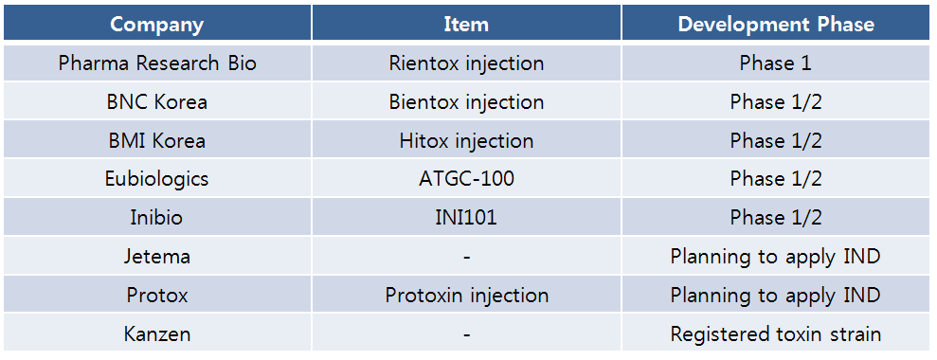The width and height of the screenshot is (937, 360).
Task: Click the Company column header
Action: click(157, 24)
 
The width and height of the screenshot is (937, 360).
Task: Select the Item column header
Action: click(466, 24)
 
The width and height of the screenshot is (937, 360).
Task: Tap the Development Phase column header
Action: click(776, 24)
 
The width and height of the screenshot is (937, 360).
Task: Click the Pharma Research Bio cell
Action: click(157, 63)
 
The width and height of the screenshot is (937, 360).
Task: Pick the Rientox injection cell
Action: click(466, 63)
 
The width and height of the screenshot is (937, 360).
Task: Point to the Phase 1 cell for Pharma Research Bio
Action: click(776, 63)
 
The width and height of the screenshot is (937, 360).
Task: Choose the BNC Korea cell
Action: click(157, 101)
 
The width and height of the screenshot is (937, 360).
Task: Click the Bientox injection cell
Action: click(466, 101)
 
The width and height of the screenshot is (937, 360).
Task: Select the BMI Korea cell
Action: click(157, 140)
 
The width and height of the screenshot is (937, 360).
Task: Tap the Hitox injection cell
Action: click(466, 140)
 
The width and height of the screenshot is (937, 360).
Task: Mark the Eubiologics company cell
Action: click(157, 179)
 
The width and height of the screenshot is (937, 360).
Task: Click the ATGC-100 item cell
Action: click(466, 179)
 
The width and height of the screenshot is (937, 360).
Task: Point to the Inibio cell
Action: click(157, 217)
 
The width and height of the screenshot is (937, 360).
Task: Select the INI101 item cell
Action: click(466, 217)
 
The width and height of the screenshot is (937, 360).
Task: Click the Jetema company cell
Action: click(157, 256)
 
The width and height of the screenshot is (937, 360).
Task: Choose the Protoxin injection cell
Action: click(466, 296)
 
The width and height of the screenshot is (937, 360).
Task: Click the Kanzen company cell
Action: click(157, 333)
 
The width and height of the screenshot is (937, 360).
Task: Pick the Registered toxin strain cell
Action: click(776, 334)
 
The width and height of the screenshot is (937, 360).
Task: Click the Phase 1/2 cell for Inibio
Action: click(776, 217)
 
